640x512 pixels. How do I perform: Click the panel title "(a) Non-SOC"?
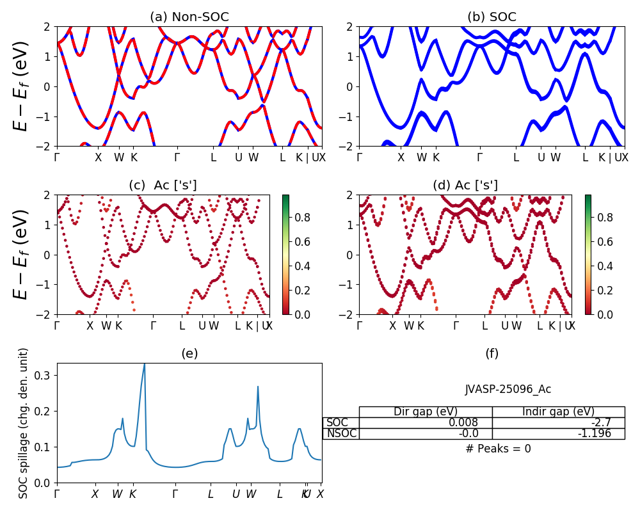coord(189,17)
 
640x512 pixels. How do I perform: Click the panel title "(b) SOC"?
coord(492,17)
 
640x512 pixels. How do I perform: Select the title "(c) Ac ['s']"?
coord(163,185)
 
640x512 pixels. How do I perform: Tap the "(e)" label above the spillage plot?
coord(189,353)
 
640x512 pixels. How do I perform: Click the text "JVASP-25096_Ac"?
coord(508,389)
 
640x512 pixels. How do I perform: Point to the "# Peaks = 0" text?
coord(498,449)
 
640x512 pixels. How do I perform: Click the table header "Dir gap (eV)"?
coord(425,412)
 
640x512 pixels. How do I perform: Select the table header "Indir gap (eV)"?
coord(558,412)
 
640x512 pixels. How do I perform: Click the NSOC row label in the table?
coord(341,433)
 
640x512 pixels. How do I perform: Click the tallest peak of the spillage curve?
coord(145,365)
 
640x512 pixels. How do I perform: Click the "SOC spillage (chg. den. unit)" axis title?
coord(24,423)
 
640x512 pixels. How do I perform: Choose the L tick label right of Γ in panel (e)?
coord(211,494)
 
